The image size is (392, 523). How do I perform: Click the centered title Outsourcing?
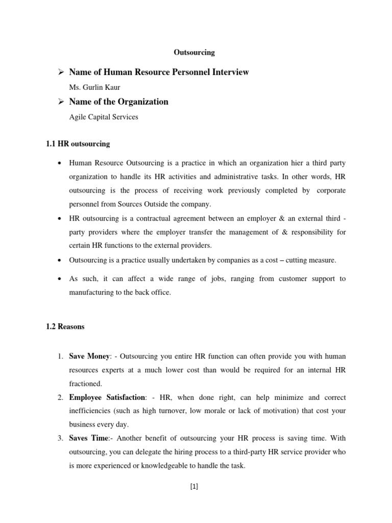pos(194,52)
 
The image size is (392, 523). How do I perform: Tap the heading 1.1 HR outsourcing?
pos(78,144)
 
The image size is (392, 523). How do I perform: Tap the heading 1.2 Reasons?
pos(65,326)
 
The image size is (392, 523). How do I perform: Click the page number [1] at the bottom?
pos(193,486)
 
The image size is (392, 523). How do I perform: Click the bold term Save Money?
pos(89,356)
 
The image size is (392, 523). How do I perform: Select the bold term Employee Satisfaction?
pos(107,397)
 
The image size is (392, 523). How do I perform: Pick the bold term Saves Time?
pos(89,438)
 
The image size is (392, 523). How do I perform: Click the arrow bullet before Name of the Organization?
pos(59,102)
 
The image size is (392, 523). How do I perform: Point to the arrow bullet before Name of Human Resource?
pos(59,72)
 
